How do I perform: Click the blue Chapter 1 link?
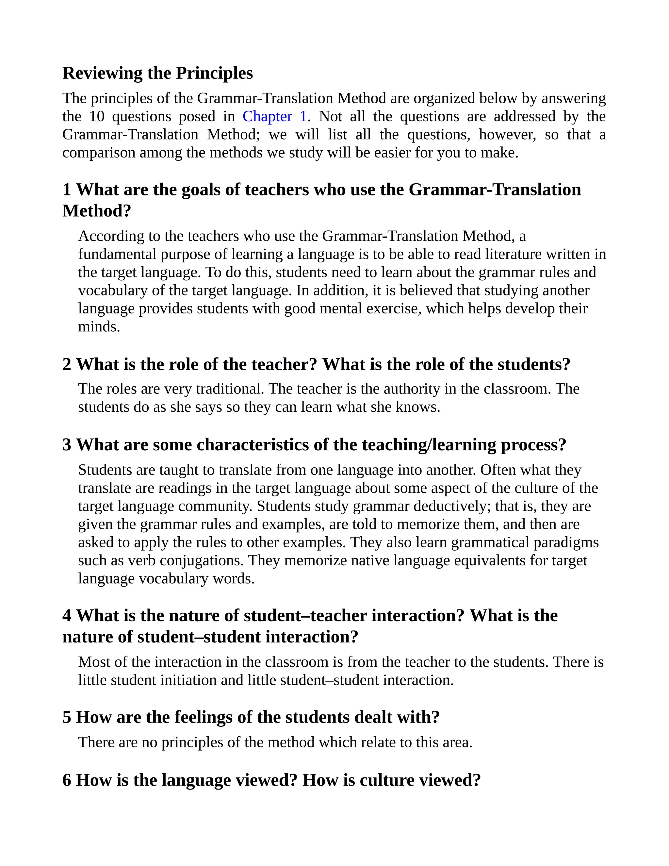[275, 117]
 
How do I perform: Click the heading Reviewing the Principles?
[157, 73]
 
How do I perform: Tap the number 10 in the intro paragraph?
[97, 117]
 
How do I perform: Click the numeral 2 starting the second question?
[67, 364]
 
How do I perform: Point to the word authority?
[411, 389]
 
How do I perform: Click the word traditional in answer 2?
[229, 389]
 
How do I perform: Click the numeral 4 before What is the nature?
[67, 616]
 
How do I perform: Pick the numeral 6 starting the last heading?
[67, 780]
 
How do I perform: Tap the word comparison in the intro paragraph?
[99, 153]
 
